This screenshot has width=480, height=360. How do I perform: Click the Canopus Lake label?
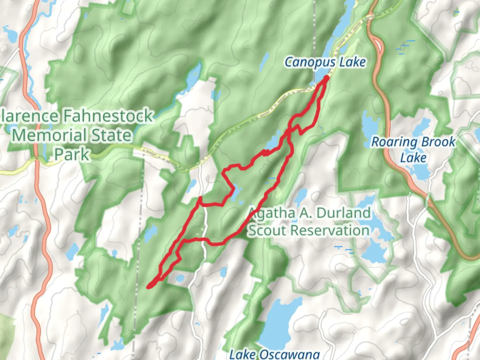pyautogui.click(x=325, y=62)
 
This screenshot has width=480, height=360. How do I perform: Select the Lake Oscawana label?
pyautogui.click(x=275, y=354)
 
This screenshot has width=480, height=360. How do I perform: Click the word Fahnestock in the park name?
pyautogui.click(x=108, y=116)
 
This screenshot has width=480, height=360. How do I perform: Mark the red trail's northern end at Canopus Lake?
pyautogui.click(x=326, y=78)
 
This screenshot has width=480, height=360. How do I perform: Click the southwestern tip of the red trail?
pyautogui.click(x=149, y=286)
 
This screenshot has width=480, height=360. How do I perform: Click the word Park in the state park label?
pyautogui.click(x=72, y=154)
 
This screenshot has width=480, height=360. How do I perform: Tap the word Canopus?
pyautogui.click(x=305, y=62)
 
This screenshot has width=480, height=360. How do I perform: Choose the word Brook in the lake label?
pyautogui.click(x=438, y=142)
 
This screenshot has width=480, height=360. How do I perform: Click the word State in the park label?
pyautogui.click(x=111, y=135)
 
